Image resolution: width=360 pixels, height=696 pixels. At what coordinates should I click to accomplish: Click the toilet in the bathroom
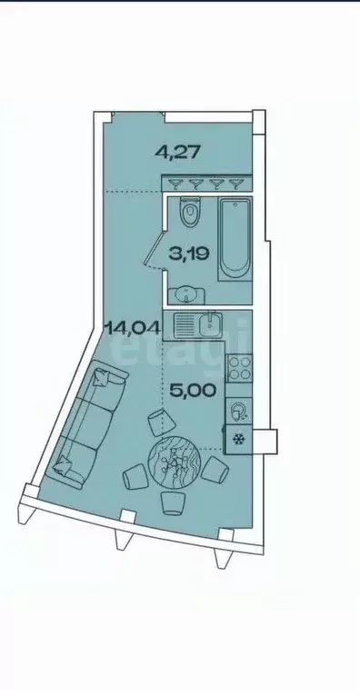coord(190,214)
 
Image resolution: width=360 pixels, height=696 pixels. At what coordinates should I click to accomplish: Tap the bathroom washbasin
coord(187,293)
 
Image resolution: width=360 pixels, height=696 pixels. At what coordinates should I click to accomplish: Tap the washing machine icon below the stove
coord(238,411)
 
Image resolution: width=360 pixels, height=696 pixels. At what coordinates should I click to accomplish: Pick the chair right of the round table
coord(215,470)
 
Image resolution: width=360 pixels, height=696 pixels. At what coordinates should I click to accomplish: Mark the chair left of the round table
coord(135,476)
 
